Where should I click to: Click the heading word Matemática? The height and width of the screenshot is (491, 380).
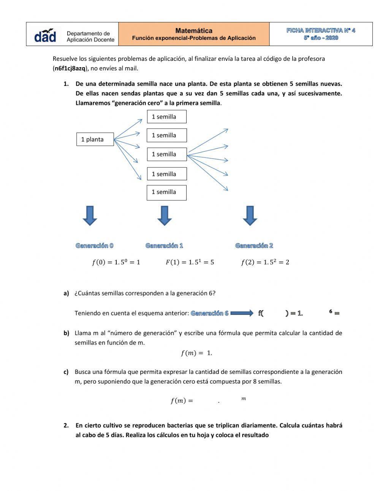tap(194, 30)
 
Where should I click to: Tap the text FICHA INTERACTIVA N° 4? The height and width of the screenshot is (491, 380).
tap(321, 30)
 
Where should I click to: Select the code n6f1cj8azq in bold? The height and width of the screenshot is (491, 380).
tap(70, 68)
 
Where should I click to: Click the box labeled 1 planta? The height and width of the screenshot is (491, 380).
tap(95, 139)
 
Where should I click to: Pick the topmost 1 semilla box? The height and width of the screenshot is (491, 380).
tap(166, 117)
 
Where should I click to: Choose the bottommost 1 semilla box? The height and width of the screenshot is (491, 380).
tap(166, 192)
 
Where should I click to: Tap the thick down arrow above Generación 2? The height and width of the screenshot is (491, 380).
tap(250, 216)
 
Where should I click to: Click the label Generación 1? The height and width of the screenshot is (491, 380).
tap(164, 246)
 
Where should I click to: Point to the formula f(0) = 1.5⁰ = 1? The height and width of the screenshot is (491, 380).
tap(116, 262)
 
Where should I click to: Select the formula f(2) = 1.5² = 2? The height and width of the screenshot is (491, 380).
tap(265, 262)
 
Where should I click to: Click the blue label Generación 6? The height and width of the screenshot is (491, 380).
tap(210, 313)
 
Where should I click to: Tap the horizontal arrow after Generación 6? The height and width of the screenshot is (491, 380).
tap(242, 313)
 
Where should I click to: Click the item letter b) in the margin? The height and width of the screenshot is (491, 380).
tap(66, 333)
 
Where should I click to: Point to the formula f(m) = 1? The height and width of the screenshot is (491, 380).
tap(196, 353)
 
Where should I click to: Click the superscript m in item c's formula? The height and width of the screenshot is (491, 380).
tap(244, 399)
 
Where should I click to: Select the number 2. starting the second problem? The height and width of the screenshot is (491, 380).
tap(66, 425)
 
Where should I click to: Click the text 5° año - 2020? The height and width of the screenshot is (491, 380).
tap(321, 38)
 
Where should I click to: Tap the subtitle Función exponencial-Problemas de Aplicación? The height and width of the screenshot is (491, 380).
tap(194, 38)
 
